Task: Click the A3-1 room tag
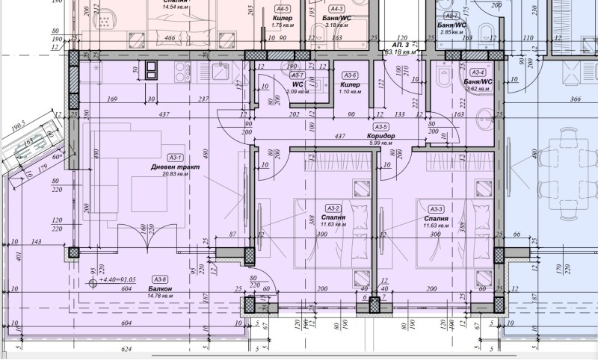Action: [176, 158]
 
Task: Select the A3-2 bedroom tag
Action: [333, 208]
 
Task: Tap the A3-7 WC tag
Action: [297, 75]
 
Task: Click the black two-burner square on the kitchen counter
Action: [152, 69]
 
